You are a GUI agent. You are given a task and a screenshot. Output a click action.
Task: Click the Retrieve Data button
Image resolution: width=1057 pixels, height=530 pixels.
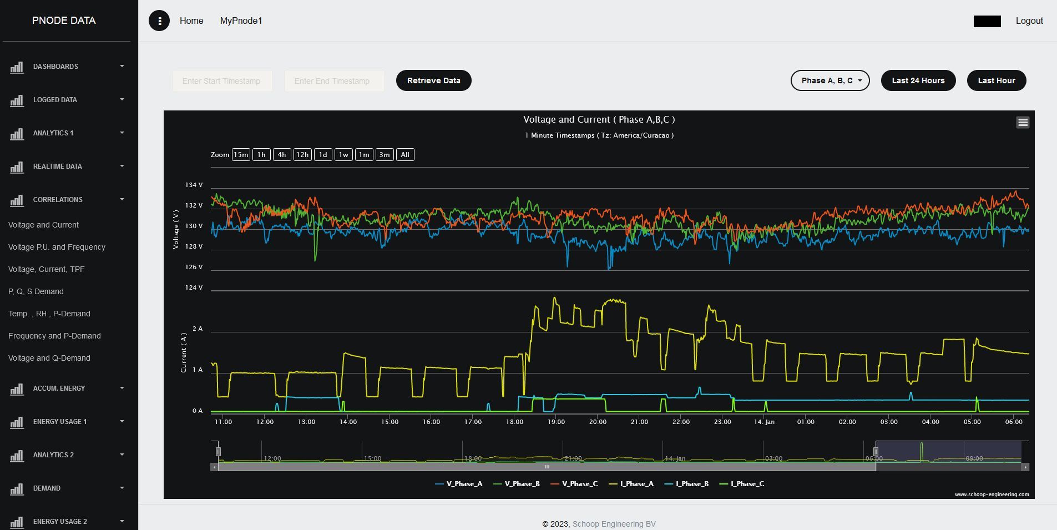pyautogui.click(x=433, y=80)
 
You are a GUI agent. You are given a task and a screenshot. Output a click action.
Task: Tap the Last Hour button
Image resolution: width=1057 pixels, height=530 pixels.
pyautogui.click(x=996, y=80)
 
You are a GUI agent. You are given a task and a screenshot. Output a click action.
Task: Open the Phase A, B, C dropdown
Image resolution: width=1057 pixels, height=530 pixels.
pyautogui.click(x=830, y=80)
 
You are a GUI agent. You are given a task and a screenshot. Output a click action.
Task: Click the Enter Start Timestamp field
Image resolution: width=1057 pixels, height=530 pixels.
pyautogui.click(x=222, y=81)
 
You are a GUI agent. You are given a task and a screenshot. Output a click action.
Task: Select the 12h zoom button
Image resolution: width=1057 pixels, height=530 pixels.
pyautogui.click(x=302, y=155)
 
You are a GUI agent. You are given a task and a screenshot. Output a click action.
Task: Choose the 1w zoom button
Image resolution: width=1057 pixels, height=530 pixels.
pyautogui.click(x=343, y=155)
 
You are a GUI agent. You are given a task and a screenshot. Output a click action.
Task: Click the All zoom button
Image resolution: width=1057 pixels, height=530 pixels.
pyautogui.click(x=405, y=155)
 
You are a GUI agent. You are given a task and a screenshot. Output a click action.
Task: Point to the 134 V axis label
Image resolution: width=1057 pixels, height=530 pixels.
pyautogui.click(x=194, y=185)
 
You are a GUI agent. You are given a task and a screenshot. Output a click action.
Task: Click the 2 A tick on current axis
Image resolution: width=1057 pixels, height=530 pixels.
pyautogui.click(x=198, y=329)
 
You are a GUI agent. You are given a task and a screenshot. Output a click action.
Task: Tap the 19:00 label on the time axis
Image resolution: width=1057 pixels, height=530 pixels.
pyautogui.click(x=556, y=422)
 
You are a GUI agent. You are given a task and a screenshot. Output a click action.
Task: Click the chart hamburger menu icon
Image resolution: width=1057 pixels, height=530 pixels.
pyautogui.click(x=1023, y=123)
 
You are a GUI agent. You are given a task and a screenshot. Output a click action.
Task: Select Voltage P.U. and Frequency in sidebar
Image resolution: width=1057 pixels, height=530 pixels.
pyautogui.click(x=57, y=247)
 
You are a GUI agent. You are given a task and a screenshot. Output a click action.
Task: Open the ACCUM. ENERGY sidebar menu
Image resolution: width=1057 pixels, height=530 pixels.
pyautogui.click(x=59, y=388)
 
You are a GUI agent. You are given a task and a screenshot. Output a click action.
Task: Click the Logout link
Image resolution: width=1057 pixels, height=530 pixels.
pyautogui.click(x=1029, y=21)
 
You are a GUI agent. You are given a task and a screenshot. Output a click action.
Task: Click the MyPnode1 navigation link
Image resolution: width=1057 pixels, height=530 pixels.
pyautogui.click(x=241, y=21)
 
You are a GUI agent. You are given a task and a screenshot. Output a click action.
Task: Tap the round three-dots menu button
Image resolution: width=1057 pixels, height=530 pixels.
pyautogui.click(x=159, y=21)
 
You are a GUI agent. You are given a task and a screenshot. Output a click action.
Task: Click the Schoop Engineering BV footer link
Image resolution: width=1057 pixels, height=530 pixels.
pyautogui.click(x=614, y=524)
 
